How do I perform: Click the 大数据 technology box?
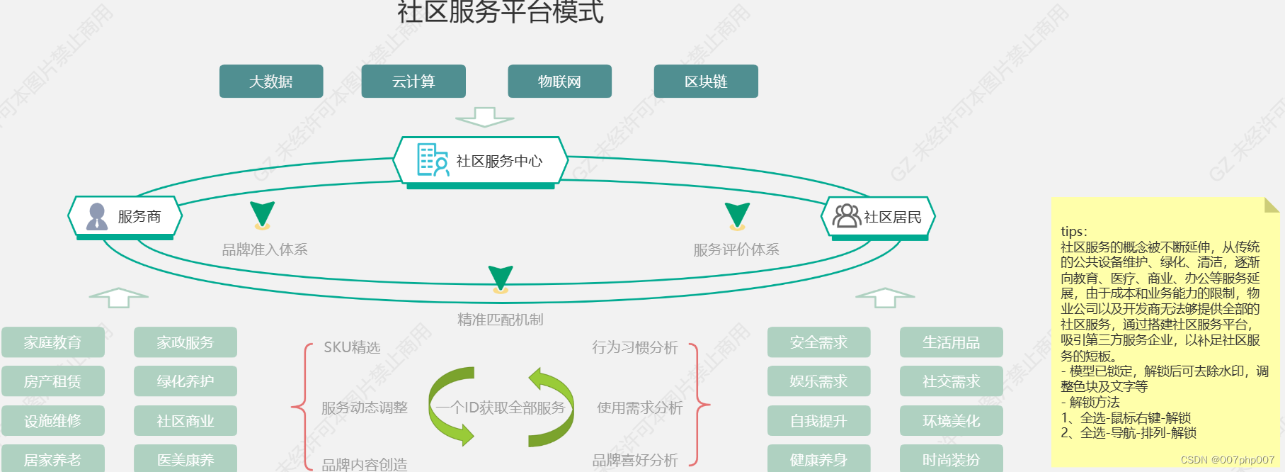[271, 82]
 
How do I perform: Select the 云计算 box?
[413, 82]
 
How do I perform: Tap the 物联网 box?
[559, 82]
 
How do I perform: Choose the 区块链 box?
[706, 82]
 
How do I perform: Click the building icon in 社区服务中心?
[432, 160]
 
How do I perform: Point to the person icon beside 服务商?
[97, 217]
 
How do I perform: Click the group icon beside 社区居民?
[846, 215]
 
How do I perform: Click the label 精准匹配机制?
[501, 320]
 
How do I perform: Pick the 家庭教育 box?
[53, 342]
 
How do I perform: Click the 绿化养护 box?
[185, 381]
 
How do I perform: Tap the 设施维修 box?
[53, 421]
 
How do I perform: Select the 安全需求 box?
[818, 342]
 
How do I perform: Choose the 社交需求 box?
[951, 381]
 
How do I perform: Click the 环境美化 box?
[951, 421]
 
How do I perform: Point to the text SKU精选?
[352, 347]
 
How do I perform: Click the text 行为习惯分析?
[635, 347]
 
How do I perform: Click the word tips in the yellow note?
[1072, 232]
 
